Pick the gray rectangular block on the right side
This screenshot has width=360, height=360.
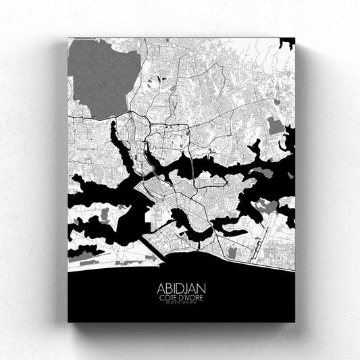pos(276,125)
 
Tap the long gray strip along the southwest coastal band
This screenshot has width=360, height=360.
pos(88,253)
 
